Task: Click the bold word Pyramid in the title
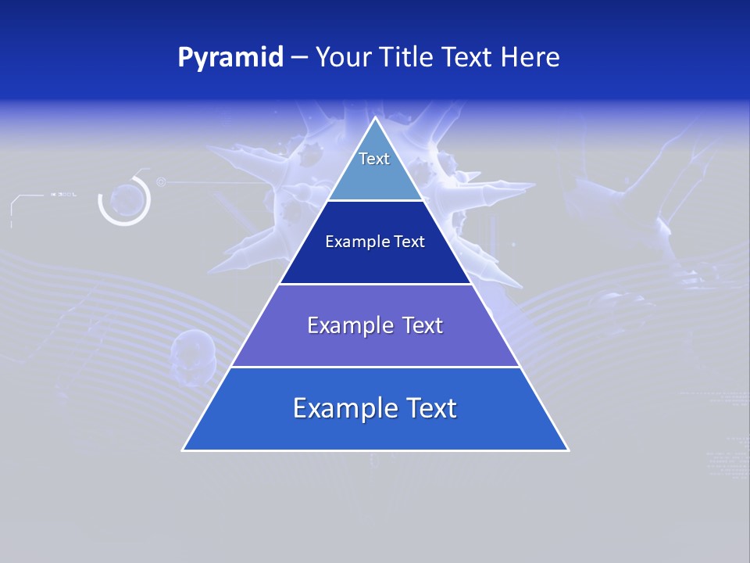(x=230, y=58)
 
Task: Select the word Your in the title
(x=342, y=58)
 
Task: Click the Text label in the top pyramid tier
(x=374, y=159)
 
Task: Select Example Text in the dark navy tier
(x=375, y=242)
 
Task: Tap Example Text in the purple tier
(x=375, y=325)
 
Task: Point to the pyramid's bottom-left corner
(x=184, y=450)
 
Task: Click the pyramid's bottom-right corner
(x=568, y=450)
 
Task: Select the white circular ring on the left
(x=124, y=201)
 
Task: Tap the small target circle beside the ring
(x=161, y=182)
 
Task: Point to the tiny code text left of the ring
(x=63, y=194)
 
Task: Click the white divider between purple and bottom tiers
(x=375, y=367)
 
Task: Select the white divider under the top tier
(x=375, y=200)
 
